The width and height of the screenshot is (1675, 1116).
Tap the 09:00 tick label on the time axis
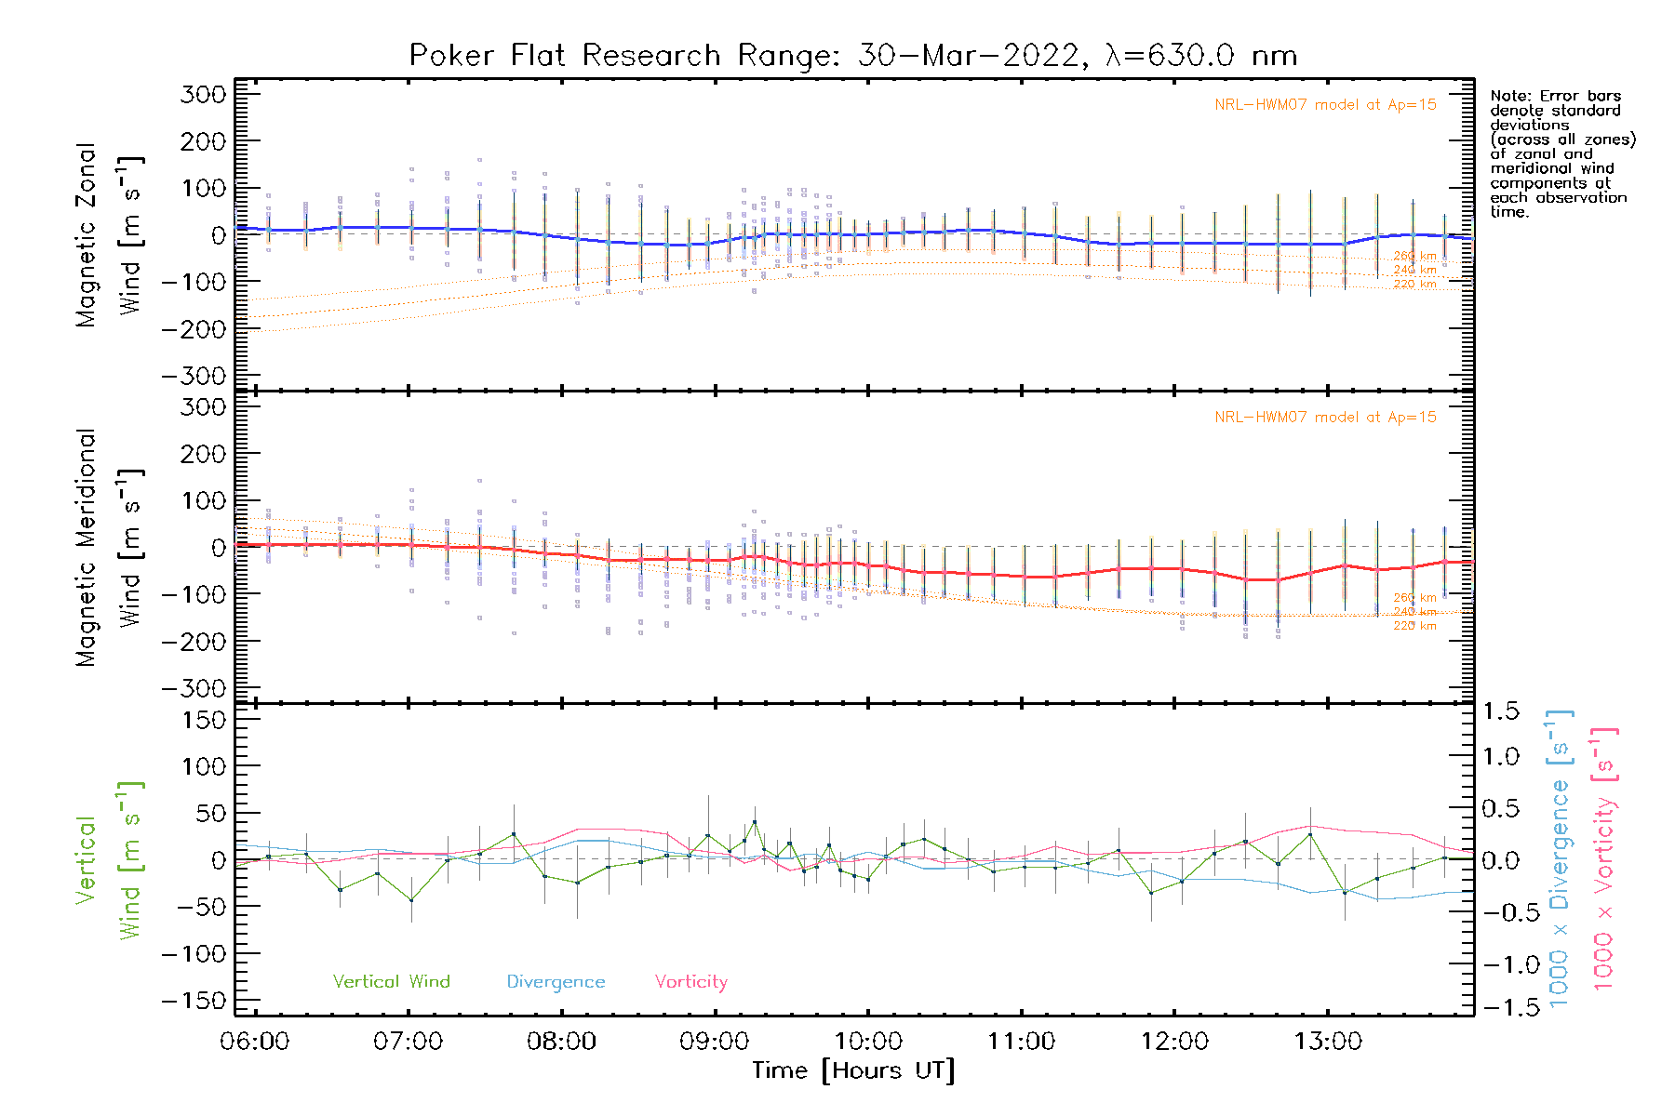point(715,1042)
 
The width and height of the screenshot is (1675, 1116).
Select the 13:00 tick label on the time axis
point(1328,1042)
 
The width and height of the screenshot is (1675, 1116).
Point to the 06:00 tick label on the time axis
point(255,1042)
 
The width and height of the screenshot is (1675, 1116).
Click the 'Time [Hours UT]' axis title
point(853,1071)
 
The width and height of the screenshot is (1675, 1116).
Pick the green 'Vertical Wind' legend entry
point(391,982)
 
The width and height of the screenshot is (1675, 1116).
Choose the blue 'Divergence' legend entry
point(556,982)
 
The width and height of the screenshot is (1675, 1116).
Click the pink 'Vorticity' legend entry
point(690,982)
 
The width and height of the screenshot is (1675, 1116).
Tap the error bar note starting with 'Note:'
point(1561,153)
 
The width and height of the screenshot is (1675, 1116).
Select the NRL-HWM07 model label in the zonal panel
point(1325,105)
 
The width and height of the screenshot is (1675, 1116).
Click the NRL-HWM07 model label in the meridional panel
point(1325,418)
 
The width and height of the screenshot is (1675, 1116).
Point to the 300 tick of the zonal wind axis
point(204,95)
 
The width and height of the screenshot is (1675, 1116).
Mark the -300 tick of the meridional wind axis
point(194,689)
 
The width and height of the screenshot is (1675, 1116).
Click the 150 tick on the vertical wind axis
point(204,721)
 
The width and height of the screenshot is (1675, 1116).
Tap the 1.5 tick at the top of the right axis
point(1501,711)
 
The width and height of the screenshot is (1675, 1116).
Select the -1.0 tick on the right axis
point(1501,964)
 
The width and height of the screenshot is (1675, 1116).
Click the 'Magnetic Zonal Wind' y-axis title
point(110,235)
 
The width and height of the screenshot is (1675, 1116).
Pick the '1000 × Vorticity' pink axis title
point(1604,858)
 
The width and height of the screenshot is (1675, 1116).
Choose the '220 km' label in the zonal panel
point(1414,285)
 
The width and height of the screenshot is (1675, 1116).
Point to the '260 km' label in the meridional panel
point(1414,598)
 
